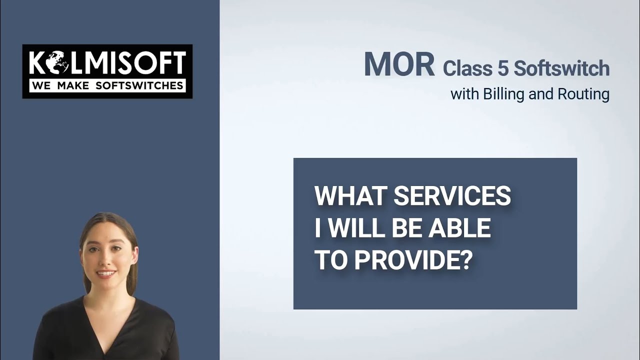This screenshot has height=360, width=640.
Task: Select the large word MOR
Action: click(399, 64)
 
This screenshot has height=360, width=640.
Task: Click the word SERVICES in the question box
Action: click(452, 196)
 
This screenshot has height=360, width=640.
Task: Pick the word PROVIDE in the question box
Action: click(403, 260)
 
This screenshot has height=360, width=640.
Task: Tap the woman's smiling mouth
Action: click(106, 273)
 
